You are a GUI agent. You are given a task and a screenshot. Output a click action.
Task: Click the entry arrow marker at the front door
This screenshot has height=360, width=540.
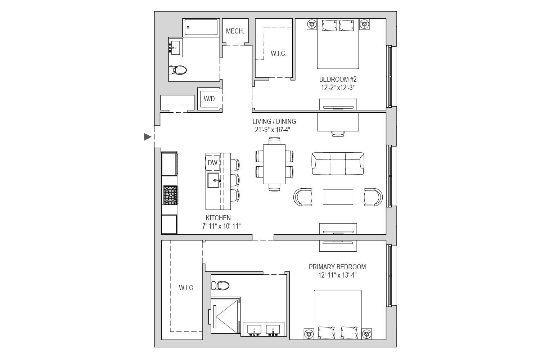148,137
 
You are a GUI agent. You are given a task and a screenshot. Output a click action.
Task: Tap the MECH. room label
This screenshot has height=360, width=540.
235,31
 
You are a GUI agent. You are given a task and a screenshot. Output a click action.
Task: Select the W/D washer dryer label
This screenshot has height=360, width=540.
209,99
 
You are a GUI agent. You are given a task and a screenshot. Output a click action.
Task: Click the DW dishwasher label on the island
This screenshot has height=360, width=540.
213,163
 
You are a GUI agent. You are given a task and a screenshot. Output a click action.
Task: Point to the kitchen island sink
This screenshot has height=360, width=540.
213,180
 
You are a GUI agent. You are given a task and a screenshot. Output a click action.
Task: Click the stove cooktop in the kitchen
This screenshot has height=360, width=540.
170,195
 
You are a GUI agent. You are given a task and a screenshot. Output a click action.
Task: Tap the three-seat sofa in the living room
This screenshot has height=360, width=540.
338,163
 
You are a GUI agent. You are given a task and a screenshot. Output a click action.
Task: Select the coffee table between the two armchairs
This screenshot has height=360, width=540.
338,197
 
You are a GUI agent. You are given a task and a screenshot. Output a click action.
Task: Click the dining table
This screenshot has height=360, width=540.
274,164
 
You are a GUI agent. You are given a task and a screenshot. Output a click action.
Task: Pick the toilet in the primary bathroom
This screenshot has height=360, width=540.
220,285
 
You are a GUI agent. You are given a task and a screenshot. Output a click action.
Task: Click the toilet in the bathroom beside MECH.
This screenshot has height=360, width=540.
177,70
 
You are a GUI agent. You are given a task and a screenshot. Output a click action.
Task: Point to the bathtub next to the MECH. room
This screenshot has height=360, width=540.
201,27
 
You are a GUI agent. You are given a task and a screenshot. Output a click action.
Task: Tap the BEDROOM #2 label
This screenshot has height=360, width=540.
338,79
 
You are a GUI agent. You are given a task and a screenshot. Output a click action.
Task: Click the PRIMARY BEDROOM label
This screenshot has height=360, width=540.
337,267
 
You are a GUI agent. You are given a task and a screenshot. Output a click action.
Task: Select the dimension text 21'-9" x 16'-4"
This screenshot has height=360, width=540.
273,130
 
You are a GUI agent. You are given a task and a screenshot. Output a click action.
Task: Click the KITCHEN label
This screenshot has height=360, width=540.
218,218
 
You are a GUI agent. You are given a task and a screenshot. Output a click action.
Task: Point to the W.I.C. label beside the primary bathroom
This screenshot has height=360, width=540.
186,288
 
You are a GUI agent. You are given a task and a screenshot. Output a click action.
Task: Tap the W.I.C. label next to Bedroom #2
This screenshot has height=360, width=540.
279,54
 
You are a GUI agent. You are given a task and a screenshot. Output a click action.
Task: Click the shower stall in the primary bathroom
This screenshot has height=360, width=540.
226,315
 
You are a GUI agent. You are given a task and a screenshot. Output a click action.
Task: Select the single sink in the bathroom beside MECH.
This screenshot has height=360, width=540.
175,48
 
